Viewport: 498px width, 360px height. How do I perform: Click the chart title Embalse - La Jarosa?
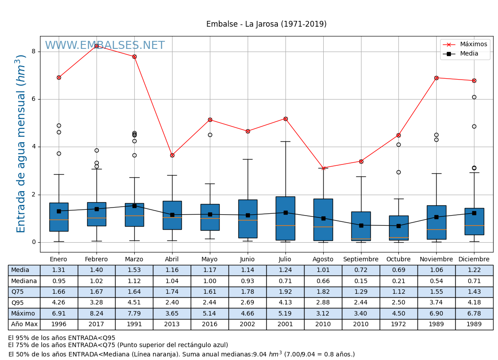click(x=266, y=24)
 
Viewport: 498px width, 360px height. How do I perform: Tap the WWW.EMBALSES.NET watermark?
click(x=105, y=46)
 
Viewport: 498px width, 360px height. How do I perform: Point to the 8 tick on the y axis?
click(x=33, y=52)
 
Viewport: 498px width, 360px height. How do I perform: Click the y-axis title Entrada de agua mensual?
click(x=21, y=144)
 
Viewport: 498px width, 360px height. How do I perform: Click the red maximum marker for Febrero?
click(x=96, y=46)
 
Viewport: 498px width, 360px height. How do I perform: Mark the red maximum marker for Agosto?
click(x=323, y=168)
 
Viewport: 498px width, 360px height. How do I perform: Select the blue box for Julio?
click(x=285, y=218)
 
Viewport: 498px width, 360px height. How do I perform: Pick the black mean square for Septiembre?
click(x=361, y=225)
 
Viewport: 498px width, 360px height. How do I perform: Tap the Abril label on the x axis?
click(x=172, y=260)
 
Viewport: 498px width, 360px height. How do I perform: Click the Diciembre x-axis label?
click(x=474, y=260)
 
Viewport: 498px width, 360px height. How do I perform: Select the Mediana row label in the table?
click(x=24, y=281)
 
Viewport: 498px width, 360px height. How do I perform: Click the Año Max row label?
click(x=24, y=324)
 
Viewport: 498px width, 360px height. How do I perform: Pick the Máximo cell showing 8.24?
click(x=96, y=314)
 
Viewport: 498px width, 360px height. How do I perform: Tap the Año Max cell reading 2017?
click(x=96, y=324)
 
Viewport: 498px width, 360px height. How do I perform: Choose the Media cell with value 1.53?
click(x=134, y=270)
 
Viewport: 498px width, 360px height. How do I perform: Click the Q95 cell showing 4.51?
click(x=134, y=303)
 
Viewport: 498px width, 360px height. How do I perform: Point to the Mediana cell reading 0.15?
click(x=361, y=281)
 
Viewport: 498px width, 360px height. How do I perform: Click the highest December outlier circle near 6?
click(x=474, y=97)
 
